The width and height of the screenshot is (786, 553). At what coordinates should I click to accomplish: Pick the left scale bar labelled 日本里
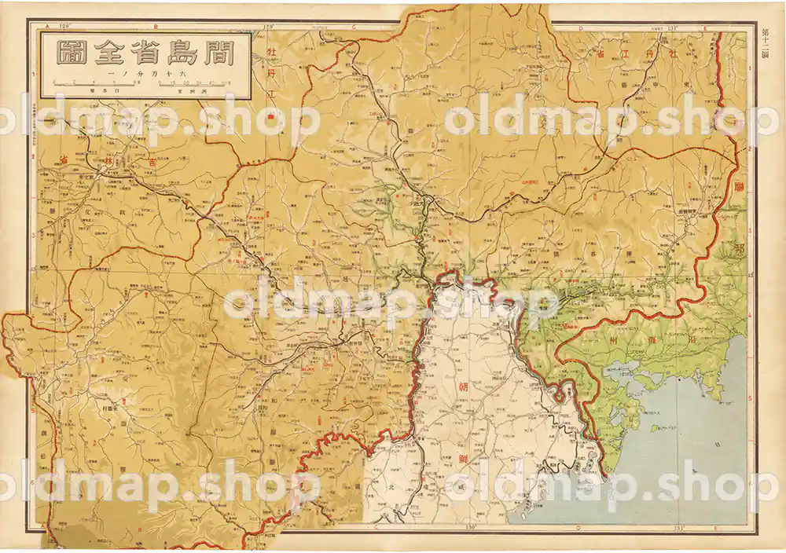[94, 83]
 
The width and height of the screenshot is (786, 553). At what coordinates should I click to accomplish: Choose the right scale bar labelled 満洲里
[194, 83]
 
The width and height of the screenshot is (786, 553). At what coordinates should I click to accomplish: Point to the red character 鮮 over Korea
[461, 459]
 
